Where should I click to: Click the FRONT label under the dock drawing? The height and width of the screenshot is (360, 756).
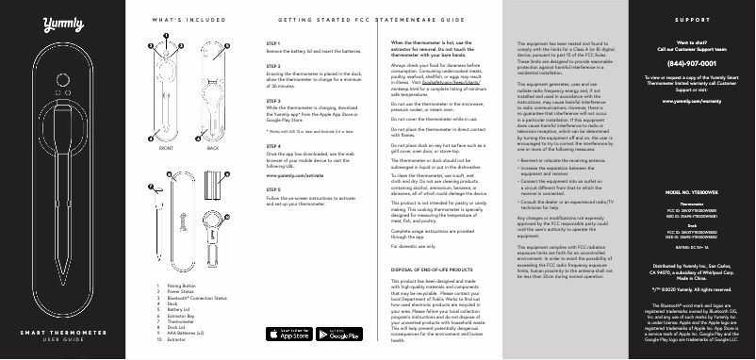166,149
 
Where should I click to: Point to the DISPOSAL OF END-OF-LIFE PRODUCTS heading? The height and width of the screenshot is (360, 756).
437,244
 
